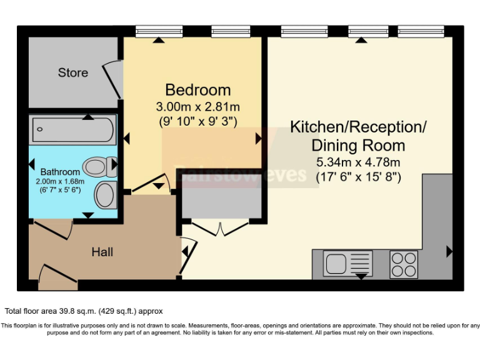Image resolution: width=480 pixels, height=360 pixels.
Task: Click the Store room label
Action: click(x=73, y=72)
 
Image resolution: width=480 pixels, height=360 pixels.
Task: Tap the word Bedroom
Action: click(x=197, y=89)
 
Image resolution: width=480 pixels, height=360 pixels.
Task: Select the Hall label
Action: click(x=102, y=252)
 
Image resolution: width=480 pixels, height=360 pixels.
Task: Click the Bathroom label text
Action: click(x=60, y=172)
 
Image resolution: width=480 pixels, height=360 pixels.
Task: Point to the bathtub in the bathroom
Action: click(x=72, y=129)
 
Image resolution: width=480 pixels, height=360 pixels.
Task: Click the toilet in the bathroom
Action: click(x=99, y=166)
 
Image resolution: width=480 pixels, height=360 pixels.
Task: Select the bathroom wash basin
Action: click(x=106, y=195)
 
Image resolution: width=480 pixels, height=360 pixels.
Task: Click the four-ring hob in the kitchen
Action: click(x=403, y=263)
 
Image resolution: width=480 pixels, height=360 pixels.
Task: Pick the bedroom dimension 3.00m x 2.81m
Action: click(x=197, y=106)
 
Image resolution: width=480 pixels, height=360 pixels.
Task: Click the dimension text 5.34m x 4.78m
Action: click(x=357, y=162)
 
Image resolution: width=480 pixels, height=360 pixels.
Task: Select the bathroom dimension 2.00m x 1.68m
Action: click(x=60, y=181)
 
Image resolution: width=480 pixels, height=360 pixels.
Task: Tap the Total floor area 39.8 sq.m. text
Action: click(x=84, y=311)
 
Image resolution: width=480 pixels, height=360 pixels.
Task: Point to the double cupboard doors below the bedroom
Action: click(x=220, y=227)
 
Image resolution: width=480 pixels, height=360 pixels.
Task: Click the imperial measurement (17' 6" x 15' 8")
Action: click(x=357, y=177)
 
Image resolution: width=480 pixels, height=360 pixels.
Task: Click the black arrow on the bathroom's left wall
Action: click(x=32, y=164)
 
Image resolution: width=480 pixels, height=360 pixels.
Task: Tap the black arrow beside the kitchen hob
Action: click(x=449, y=252)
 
